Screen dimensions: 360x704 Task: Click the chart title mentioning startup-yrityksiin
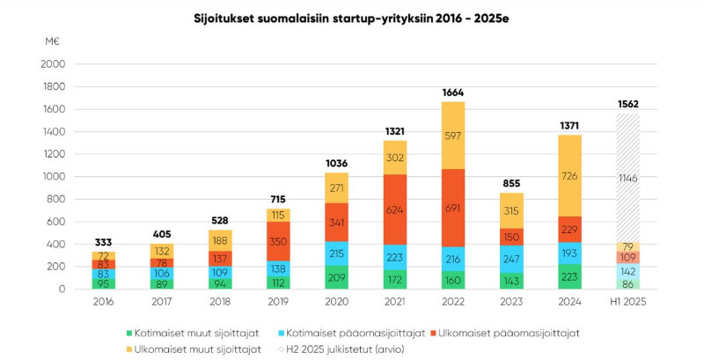pos(351,18)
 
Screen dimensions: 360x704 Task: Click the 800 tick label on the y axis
pos(55,199)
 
